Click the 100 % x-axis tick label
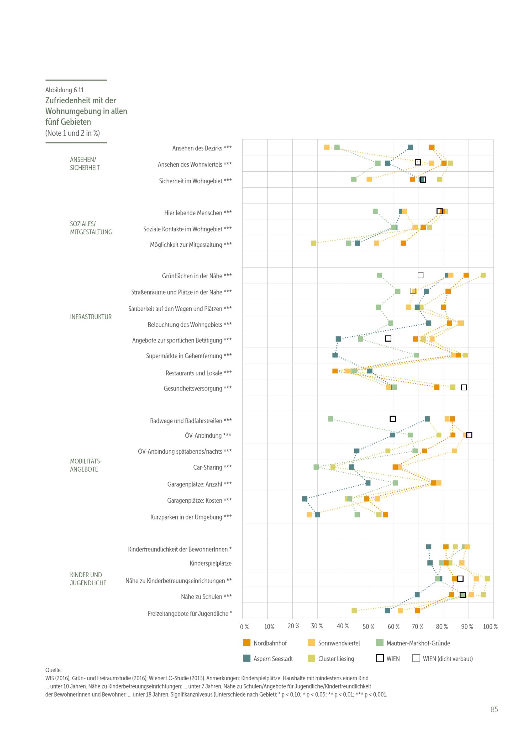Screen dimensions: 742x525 pos(490,627)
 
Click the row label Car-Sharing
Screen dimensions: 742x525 pos(212,467)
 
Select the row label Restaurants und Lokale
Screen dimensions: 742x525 pos(198,373)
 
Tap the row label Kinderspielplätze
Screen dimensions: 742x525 pos(211,563)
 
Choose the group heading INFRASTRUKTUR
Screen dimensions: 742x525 pos(91,317)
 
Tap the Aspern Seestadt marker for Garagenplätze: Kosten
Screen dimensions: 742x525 pos(304,499)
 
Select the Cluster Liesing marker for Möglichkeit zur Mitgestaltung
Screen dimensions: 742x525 pos(314,243)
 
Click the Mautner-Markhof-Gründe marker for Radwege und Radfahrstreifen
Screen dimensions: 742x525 pos(330,419)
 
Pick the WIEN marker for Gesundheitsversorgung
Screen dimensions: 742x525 pos(464,387)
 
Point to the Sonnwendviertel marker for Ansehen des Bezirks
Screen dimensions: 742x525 pos(327,147)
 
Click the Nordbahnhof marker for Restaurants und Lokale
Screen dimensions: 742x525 pos(335,371)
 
